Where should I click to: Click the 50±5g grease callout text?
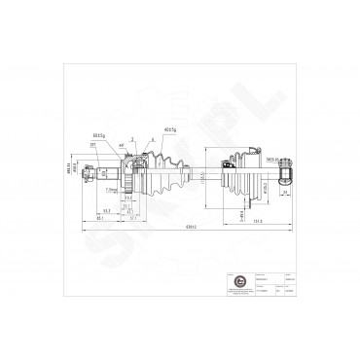pos(98,135)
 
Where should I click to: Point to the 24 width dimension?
pos(283,192)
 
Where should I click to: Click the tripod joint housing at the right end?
pos(286,174)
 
